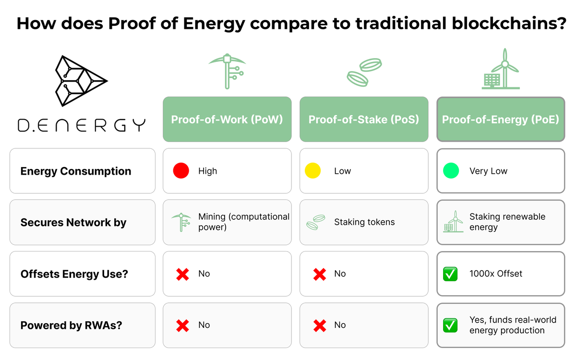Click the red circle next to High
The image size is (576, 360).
click(181, 171)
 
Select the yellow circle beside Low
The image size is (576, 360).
click(313, 171)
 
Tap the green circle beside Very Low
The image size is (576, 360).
click(451, 171)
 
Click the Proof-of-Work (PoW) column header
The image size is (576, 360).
click(227, 120)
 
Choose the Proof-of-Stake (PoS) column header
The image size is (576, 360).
click(364, 120)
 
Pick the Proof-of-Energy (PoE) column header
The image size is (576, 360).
click(501, 120)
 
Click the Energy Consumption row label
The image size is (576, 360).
click(76, 171)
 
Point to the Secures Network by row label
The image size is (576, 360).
click(73, 223)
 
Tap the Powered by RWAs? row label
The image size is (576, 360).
click(72, 325)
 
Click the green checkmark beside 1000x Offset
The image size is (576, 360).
click(450, 274)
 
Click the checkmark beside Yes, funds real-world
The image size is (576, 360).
click(450, 325)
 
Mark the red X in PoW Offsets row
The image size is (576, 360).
click(182, 274)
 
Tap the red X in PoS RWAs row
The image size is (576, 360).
click(320, 325)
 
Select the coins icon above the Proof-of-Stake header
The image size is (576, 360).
click(364, 72)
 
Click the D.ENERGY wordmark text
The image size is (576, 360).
click(82, 126)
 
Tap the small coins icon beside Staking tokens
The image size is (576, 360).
click(316, 222)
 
